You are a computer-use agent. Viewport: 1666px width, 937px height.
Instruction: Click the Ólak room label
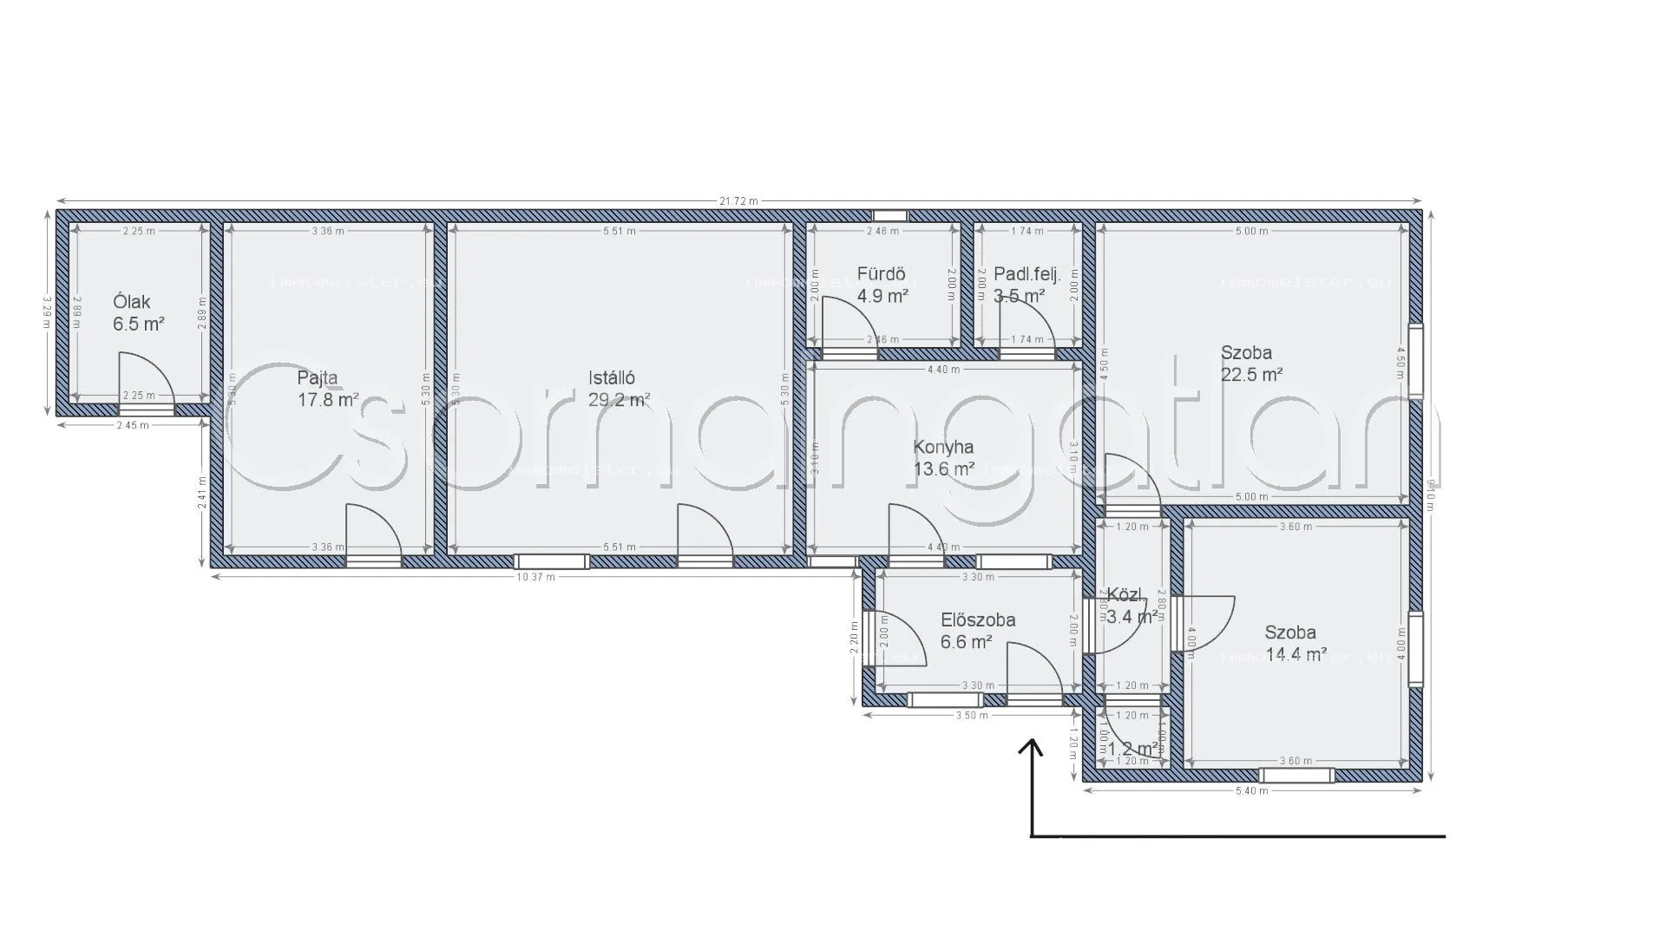click(132, 302)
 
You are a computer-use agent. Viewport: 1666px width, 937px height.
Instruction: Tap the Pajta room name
click(318, 377)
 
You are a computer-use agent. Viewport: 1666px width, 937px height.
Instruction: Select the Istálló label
click(612, 377)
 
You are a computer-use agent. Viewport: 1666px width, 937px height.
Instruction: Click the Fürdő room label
click(881, 274)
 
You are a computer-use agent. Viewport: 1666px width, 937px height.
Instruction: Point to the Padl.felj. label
click(1027, 274)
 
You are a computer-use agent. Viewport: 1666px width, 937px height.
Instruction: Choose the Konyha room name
click(943, 447)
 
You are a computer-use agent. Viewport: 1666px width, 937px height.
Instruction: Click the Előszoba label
click(978, 620)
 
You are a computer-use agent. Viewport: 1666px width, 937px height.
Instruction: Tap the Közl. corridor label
click(1125, 596)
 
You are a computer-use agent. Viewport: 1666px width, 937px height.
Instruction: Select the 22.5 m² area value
click(1251, 375)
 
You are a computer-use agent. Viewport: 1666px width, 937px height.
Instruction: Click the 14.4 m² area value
click(1296, 655)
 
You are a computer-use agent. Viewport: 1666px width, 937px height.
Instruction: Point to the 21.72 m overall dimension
click(738, 201)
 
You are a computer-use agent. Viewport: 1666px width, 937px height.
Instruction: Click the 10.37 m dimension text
click(535, 577)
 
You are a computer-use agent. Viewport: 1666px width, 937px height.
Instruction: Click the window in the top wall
click(889, 216)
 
